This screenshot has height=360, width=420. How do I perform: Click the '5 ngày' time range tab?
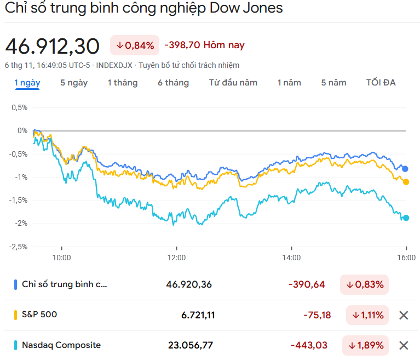(x=74, y=83)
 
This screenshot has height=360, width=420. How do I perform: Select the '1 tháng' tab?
(x=123, y=83)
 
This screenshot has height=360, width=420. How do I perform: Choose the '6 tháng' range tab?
(x=173, y=83)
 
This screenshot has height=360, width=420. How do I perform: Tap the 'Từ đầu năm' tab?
(x=233, y=83)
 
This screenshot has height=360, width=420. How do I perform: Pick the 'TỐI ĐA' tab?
(x=381, y=83)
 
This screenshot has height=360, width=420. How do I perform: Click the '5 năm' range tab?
(x=334, y=83)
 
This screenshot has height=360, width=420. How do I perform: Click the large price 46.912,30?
(x=53, y=46)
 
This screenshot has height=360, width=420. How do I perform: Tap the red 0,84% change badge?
(x=135, y=45)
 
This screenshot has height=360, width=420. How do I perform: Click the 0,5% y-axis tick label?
(x=19, y=107)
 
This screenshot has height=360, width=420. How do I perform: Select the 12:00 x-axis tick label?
(x=176, y=257)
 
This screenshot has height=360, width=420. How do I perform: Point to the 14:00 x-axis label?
(x=291, y=257)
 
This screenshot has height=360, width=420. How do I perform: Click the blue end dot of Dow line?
(x=405, y=169)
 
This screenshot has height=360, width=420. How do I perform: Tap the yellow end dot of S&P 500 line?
(x=406, y=182)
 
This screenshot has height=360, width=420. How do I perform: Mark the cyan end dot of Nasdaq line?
(x=406, y=218)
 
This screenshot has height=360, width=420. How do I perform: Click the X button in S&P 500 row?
(x=404, y=315)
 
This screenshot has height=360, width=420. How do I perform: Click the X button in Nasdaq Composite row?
(x=404, y=345)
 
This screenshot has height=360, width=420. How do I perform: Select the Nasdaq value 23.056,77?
(x=190, y=345)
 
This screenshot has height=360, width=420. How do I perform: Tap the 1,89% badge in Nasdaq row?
(x=367, y=345)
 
